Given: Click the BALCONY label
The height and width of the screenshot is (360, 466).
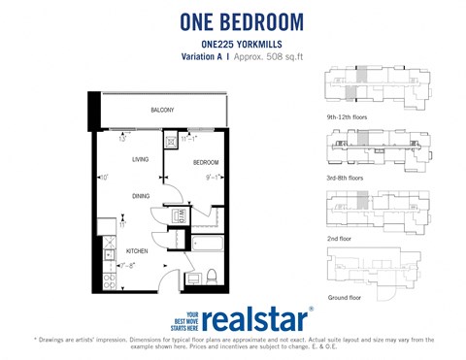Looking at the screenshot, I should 162,111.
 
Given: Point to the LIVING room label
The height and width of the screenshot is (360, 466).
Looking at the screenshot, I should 140,159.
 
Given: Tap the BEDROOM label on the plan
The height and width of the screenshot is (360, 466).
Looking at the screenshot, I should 205,162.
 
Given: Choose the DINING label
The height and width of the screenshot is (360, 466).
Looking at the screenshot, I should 141,197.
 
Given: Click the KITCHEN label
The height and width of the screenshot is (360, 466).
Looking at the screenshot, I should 137,250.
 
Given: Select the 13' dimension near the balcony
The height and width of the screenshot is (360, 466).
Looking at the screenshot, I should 122,138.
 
